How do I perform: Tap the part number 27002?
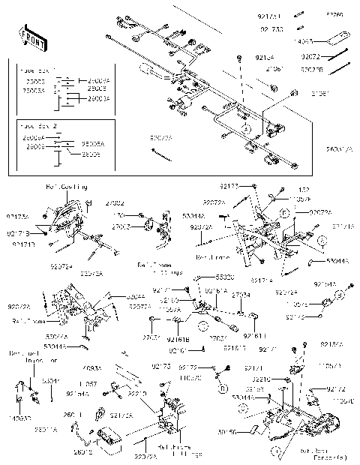click(113, 203)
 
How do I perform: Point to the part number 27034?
click(241, 295)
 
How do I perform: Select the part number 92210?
click(137, 392)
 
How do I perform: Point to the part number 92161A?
click(217, 289)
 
